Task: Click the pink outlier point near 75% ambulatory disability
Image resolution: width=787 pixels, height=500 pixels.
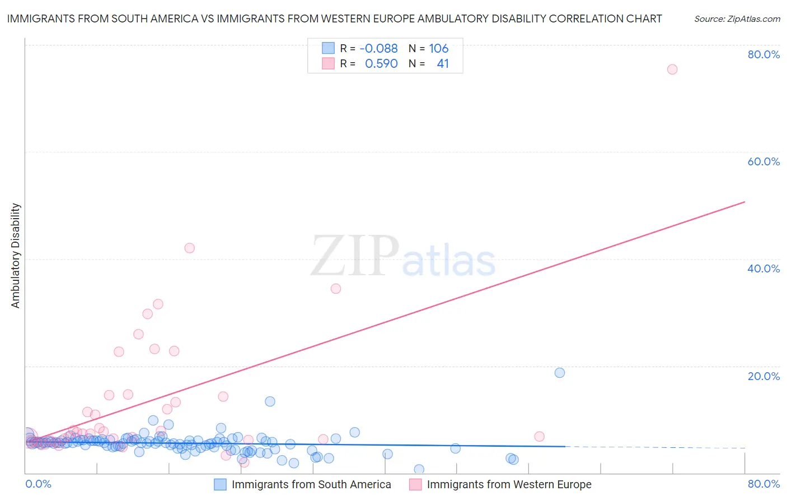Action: [672, 70]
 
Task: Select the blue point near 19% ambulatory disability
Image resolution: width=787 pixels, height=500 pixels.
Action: [559, 373]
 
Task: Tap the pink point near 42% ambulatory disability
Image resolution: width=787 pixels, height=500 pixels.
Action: [189, 248]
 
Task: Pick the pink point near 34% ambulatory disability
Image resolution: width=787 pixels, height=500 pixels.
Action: [336, 289]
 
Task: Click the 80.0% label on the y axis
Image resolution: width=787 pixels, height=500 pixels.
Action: [763, 54]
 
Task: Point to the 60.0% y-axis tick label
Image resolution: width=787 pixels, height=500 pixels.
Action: [763, 161]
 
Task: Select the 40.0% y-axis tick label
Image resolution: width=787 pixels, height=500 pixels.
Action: [763, 268]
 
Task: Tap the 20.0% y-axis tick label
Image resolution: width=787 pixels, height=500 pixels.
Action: [763, 376]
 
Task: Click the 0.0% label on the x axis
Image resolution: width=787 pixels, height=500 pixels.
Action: [38, 484]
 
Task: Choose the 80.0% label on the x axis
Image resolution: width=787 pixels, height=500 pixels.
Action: [763, 484]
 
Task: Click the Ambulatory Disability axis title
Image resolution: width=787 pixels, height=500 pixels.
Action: [16, 256]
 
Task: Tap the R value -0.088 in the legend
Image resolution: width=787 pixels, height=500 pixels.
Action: [378, 48]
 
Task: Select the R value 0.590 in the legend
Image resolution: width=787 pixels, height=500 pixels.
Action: [381, 64]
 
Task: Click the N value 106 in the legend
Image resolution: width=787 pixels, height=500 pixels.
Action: [439, 48]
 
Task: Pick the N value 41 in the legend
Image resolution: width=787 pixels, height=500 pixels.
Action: [443, 64]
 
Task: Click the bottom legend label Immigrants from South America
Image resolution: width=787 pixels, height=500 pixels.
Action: [311, 484]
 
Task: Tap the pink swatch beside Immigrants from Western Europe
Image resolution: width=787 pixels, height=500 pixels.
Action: [415, 484]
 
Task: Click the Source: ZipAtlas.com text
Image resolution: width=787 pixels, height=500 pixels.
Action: [737, 19]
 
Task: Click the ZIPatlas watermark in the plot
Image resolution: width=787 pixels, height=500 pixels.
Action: [403, 257]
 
